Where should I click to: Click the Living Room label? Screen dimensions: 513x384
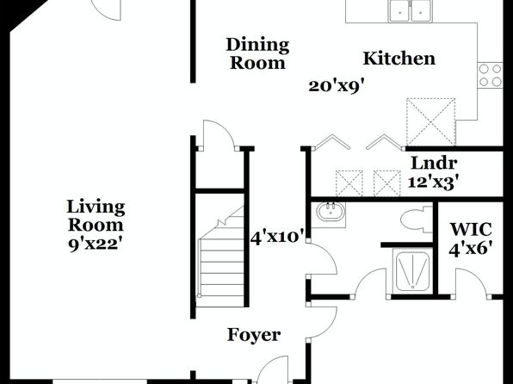[96, 216]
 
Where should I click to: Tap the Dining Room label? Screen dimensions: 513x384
[258, 53]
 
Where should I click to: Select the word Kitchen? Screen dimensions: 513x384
[399, 59]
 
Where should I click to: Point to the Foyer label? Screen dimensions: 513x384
[254, 335]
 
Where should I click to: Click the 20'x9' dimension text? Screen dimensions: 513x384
[337, 86]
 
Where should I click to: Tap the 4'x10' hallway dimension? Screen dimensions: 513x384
[278, 237]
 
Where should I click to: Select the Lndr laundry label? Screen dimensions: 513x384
[434, 163]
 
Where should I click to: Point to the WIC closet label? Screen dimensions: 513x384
[471, 229]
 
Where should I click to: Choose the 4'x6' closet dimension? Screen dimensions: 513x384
[471, 250]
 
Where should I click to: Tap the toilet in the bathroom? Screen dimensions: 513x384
[416, 219]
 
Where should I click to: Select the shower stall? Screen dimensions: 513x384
[412, 270]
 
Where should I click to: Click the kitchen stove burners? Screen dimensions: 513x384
[490, 75]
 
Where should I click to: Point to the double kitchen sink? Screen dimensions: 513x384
[410, 11]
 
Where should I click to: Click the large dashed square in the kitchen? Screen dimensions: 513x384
[430, 121]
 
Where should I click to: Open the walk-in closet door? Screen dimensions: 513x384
[471, 282]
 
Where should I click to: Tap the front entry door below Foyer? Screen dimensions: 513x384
[273, 370]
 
